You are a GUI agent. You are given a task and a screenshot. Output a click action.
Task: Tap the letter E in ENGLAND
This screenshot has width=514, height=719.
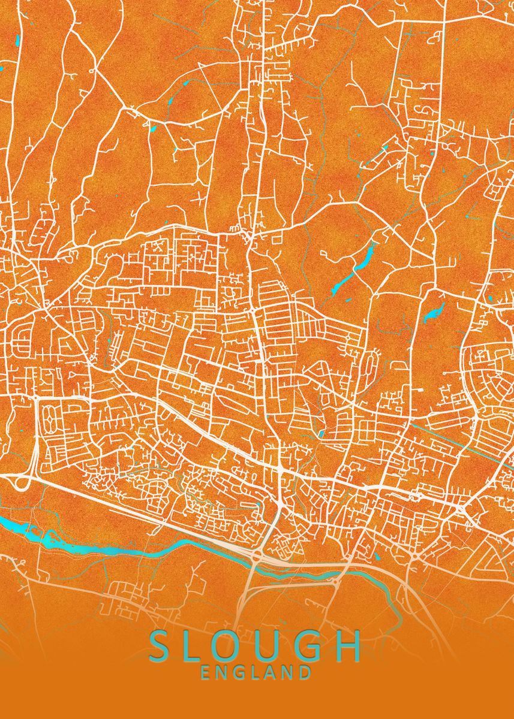point(206,673)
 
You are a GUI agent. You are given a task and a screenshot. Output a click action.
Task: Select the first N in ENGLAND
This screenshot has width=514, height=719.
point(223,673)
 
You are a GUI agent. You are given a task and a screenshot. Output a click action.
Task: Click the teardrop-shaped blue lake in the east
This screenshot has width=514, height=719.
point(434,312)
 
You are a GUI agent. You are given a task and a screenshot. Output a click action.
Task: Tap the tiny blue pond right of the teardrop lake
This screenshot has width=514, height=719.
point(490,299)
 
